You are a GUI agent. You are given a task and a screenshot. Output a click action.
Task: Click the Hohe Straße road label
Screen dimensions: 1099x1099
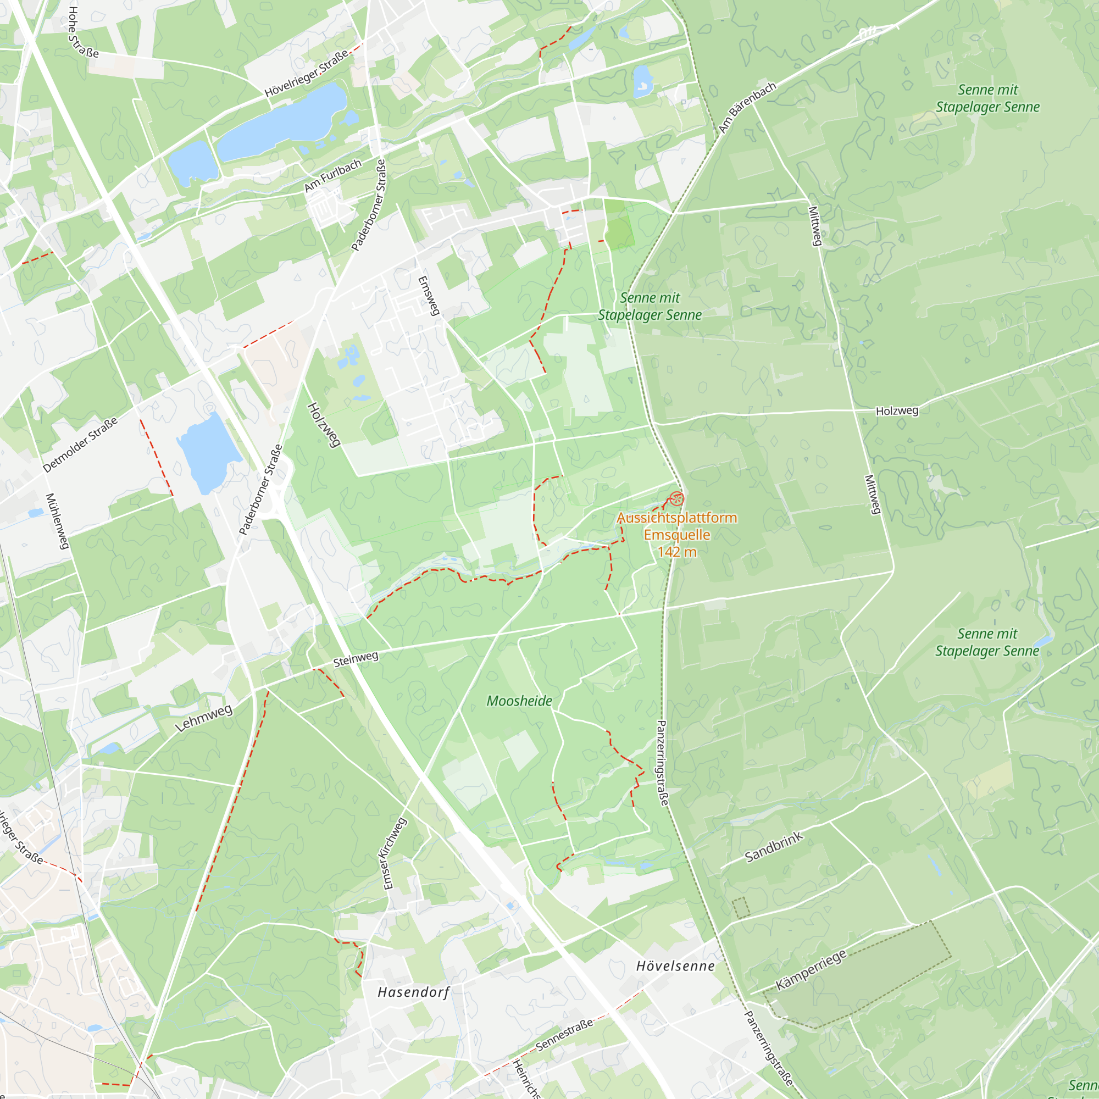coord(82,32)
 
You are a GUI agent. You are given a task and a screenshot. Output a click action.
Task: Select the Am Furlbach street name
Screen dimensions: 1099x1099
coord(333,175)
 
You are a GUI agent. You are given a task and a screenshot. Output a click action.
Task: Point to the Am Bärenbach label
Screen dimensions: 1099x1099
coord(747,108)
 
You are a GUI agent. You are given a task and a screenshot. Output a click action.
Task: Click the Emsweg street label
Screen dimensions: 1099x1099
coord(429,295)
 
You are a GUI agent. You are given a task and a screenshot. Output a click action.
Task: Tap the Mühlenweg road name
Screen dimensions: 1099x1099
coord(57,521)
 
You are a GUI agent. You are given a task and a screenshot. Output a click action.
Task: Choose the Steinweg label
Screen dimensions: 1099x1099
coord(356,659)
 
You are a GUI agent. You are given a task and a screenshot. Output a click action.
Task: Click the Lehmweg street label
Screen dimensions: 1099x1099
coord(203,718)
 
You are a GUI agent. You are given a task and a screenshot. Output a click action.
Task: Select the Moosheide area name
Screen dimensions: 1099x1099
coord(519,701)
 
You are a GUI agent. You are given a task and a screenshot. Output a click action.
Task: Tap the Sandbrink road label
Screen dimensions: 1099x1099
coord(774,846)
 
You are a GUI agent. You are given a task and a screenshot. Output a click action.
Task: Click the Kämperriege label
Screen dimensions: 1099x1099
coord(811,969)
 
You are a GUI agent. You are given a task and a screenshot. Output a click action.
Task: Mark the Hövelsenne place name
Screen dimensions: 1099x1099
coord(675,966)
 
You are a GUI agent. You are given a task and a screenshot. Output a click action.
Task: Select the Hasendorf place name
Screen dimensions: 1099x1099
coord(414,992)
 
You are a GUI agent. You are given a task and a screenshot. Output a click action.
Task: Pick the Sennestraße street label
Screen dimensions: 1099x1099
coord(564,1035)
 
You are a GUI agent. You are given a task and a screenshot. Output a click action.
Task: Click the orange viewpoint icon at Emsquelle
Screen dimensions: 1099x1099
coord(676,499)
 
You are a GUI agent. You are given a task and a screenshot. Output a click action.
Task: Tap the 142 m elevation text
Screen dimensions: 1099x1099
coord(677,552)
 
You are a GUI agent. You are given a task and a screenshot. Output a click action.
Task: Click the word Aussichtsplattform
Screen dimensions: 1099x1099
coord(677,518)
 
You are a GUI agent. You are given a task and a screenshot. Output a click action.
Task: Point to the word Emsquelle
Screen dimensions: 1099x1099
coord(677,535)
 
